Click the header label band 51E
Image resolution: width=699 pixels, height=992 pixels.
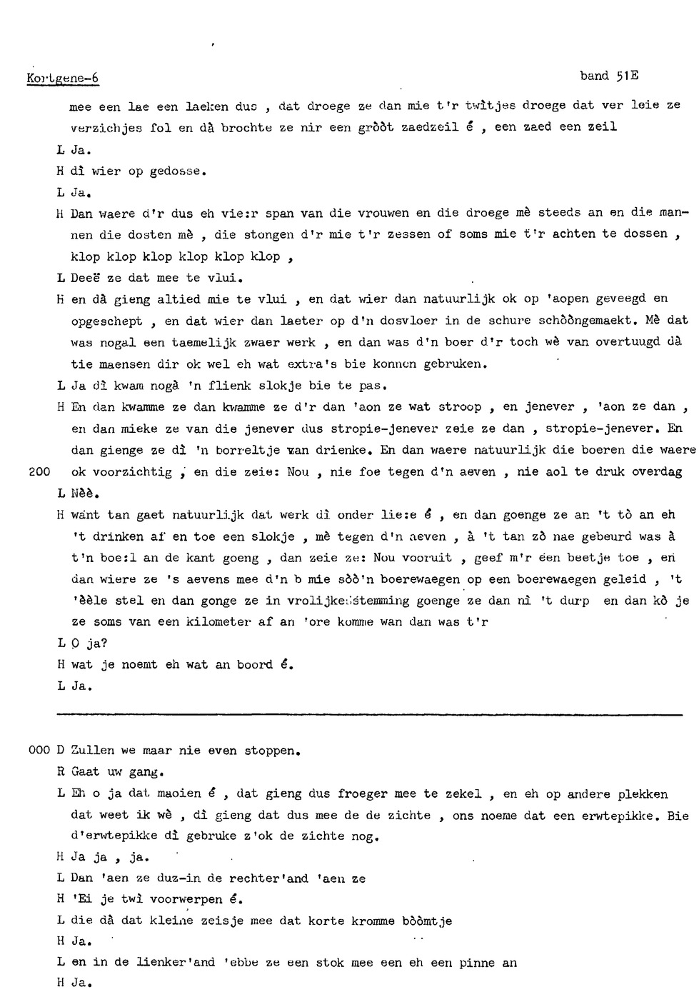608,76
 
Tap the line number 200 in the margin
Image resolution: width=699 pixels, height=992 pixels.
39,472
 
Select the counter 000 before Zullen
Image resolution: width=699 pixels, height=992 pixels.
38,751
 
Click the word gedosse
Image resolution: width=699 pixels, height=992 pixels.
178,171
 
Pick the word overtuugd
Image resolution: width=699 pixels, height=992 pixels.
624,342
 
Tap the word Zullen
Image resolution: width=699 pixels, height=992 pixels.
92,751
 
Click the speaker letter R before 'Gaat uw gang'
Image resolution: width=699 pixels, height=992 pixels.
61,772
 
